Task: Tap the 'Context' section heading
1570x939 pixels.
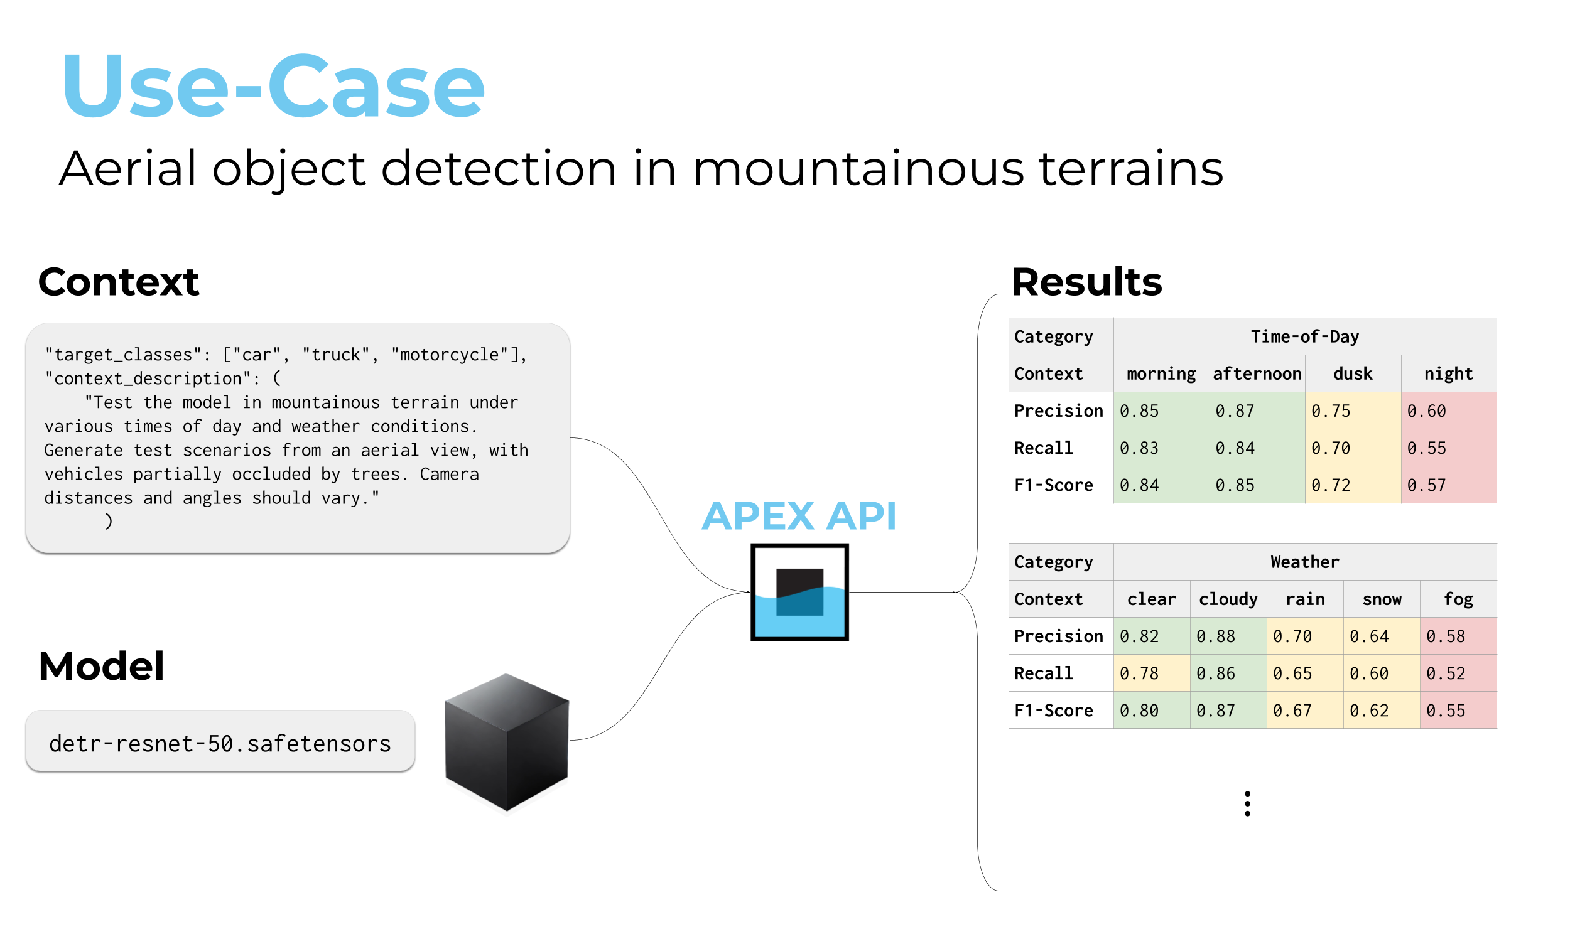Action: click(119, 282)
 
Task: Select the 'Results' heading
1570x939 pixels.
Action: click(1086, 282)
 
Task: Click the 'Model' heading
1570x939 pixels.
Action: click(101, 667)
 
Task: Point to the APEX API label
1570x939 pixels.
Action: click(799, 516)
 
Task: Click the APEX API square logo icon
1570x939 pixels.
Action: click(799, 593)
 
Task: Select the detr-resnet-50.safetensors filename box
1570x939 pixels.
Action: click(220, 743)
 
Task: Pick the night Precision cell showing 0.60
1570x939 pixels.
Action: click(1448, 410)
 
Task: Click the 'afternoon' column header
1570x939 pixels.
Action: click(1257, 374)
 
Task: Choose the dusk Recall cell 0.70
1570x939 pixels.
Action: click(1353, 448)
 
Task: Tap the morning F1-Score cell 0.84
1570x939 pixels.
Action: click(1161, 485)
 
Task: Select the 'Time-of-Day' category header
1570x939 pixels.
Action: click(1304, 336)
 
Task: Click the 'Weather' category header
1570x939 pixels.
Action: click(1304, 562)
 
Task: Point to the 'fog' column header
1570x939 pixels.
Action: click(1458, 599)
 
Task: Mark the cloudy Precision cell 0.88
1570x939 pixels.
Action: click(1228, 636)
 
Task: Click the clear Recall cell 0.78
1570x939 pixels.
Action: click(1151, 673)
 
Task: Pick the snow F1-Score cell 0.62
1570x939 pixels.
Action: click(1382, 711)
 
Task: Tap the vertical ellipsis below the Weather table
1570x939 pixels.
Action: click(1247, 803)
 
